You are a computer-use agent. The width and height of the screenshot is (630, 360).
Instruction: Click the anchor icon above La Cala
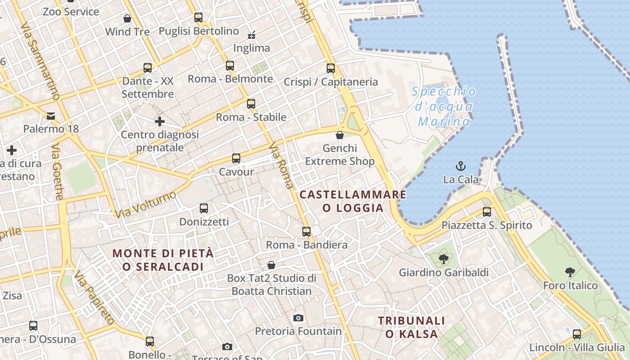[460, 166]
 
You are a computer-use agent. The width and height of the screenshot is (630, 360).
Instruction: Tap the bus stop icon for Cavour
[236, 158]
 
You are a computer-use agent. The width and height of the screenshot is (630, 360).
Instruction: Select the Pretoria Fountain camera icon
[298, 318]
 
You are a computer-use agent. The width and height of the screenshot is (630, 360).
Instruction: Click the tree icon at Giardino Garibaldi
[444, 259]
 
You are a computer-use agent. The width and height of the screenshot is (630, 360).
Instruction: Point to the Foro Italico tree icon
[570, 272]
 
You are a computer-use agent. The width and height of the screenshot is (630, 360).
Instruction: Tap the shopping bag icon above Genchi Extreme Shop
[340, 135]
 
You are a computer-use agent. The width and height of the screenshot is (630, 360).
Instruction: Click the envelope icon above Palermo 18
[51, 116]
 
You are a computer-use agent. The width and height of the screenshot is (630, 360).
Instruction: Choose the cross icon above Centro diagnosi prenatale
[160, 121]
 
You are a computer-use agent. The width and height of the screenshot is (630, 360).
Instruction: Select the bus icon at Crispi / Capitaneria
[331, 68]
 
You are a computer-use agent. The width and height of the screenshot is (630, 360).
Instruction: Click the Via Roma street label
[282, 165]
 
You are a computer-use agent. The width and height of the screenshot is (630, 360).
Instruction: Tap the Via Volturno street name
[145, 204]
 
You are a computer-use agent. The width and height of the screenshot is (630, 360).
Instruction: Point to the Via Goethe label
[57, 172]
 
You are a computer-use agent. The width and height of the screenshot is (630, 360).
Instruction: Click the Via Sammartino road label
[40, 61]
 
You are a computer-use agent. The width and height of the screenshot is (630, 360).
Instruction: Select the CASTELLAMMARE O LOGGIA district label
[353, 201]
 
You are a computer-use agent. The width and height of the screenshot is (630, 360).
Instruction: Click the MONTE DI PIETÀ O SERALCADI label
[163, 260]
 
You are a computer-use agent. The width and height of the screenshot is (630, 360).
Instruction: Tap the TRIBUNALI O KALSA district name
[411, 327]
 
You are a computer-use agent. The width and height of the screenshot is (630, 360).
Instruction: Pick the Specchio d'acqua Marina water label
[444, 107]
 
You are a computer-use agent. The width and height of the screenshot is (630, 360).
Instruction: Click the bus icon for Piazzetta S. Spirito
[486, 212]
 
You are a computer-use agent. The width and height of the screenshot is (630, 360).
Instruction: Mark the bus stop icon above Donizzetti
[204, 208]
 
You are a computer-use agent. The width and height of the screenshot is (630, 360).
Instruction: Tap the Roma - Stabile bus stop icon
[251, 104]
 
